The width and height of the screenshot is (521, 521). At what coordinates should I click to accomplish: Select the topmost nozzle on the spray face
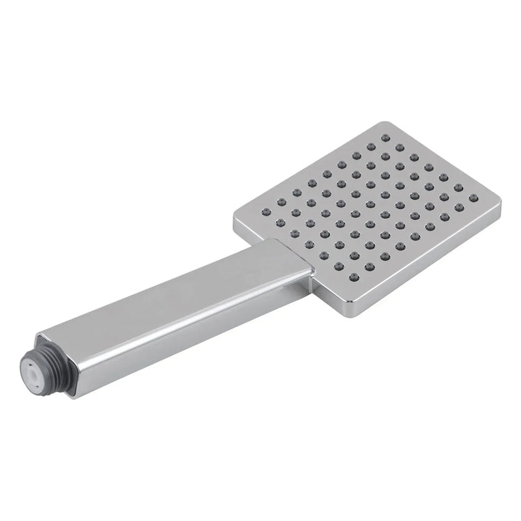pos(386,137)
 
